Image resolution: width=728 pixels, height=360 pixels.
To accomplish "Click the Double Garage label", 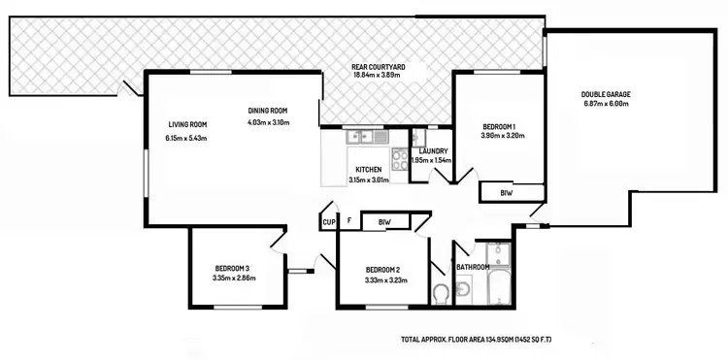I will click(x=606, y=94).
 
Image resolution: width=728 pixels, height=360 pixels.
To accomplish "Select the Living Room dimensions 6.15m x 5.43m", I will click(x=186, y=138).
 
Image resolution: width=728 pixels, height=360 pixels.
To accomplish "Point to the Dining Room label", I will click(x=268, y=110).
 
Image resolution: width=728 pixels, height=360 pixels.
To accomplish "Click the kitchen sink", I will click(x=361, y=137).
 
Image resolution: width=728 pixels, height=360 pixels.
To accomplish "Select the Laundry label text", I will click(x=432, y=150).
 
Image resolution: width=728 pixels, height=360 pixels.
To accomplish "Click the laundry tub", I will click(x=418, y=138).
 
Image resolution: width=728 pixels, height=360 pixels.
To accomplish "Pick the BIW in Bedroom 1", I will click(x=506, y=193).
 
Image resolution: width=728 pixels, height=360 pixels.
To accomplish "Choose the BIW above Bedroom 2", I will click(x=382, y=222).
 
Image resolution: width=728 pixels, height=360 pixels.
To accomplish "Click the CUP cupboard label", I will click(x=328, y=222).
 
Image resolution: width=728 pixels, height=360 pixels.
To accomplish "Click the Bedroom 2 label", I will click(x=382, y=269).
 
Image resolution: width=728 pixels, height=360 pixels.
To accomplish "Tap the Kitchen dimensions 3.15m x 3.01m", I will click(x=368, y=180).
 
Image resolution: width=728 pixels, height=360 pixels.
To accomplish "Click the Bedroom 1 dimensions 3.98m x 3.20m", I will click(x=502, y=136).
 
